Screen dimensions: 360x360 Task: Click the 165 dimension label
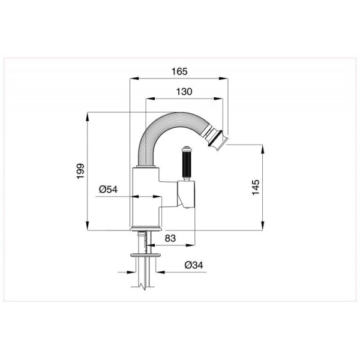coord(179,71)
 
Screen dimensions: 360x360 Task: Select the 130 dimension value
coord(184,92)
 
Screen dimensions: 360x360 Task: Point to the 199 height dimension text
coord(80,171)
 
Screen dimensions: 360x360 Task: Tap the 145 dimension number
coord(256,188)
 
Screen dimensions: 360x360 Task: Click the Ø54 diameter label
coord(108,190)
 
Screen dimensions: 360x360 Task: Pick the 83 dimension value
coord(170,238)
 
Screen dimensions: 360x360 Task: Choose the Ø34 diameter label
coord(194,265)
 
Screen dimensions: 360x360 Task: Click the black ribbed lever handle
coord(186,164)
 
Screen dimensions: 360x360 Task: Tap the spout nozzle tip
coord(217,139)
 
